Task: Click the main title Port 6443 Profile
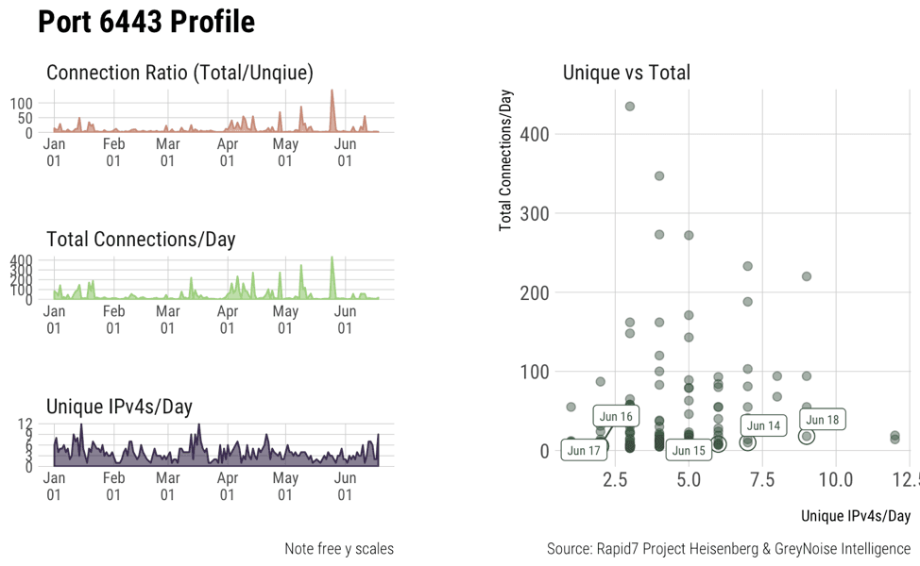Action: click(x=146, y=22)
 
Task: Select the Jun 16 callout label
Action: click(x=616, y=416)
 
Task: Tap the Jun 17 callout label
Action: click(x=584, y=451)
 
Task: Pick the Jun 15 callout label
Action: click(x=688, y=451)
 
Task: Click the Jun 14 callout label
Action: click(x=763, y=426)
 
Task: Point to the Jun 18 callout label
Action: click(x=822, y=420)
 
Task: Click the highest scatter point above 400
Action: click(x=630, y=107)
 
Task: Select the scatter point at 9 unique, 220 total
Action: click(x=807, y=276)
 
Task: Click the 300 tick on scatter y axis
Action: click(x=535, y=213)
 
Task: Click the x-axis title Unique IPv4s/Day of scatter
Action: click(x=855, y=516)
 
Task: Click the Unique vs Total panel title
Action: click(x=626, y=73)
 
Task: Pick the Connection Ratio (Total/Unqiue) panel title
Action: click(x=179, y=73)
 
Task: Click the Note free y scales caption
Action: click(x=338, y=549)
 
